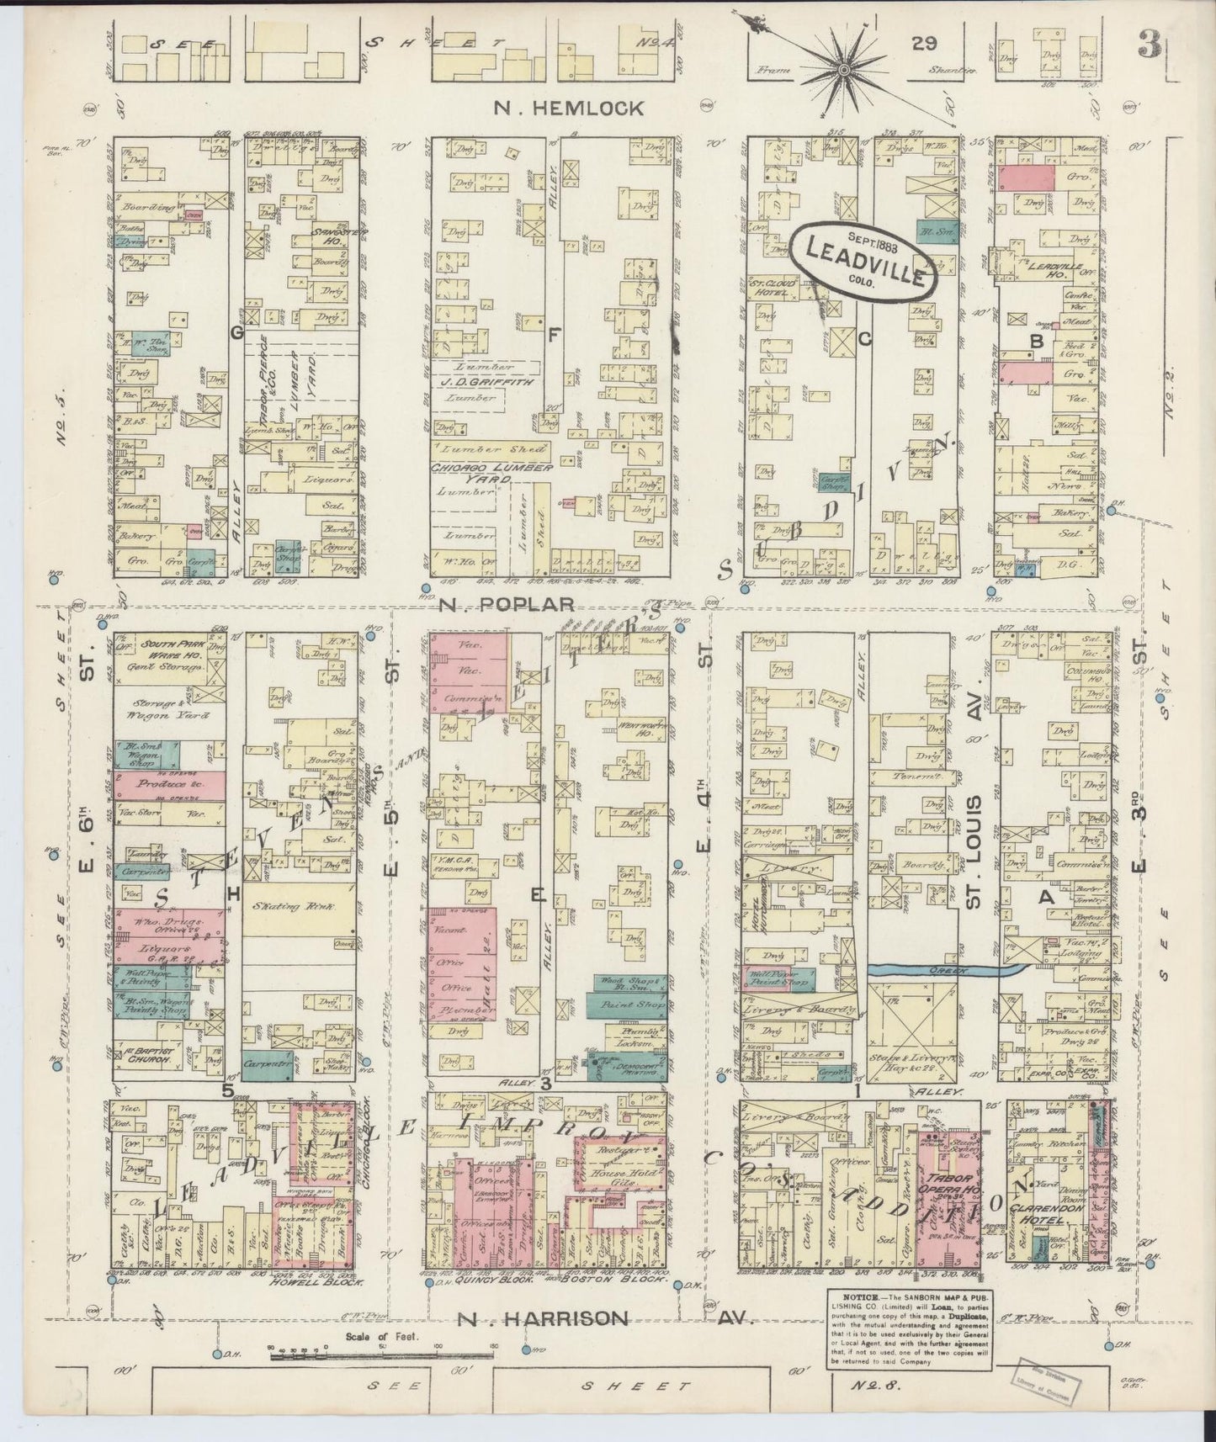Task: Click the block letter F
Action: coord(553,335)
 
